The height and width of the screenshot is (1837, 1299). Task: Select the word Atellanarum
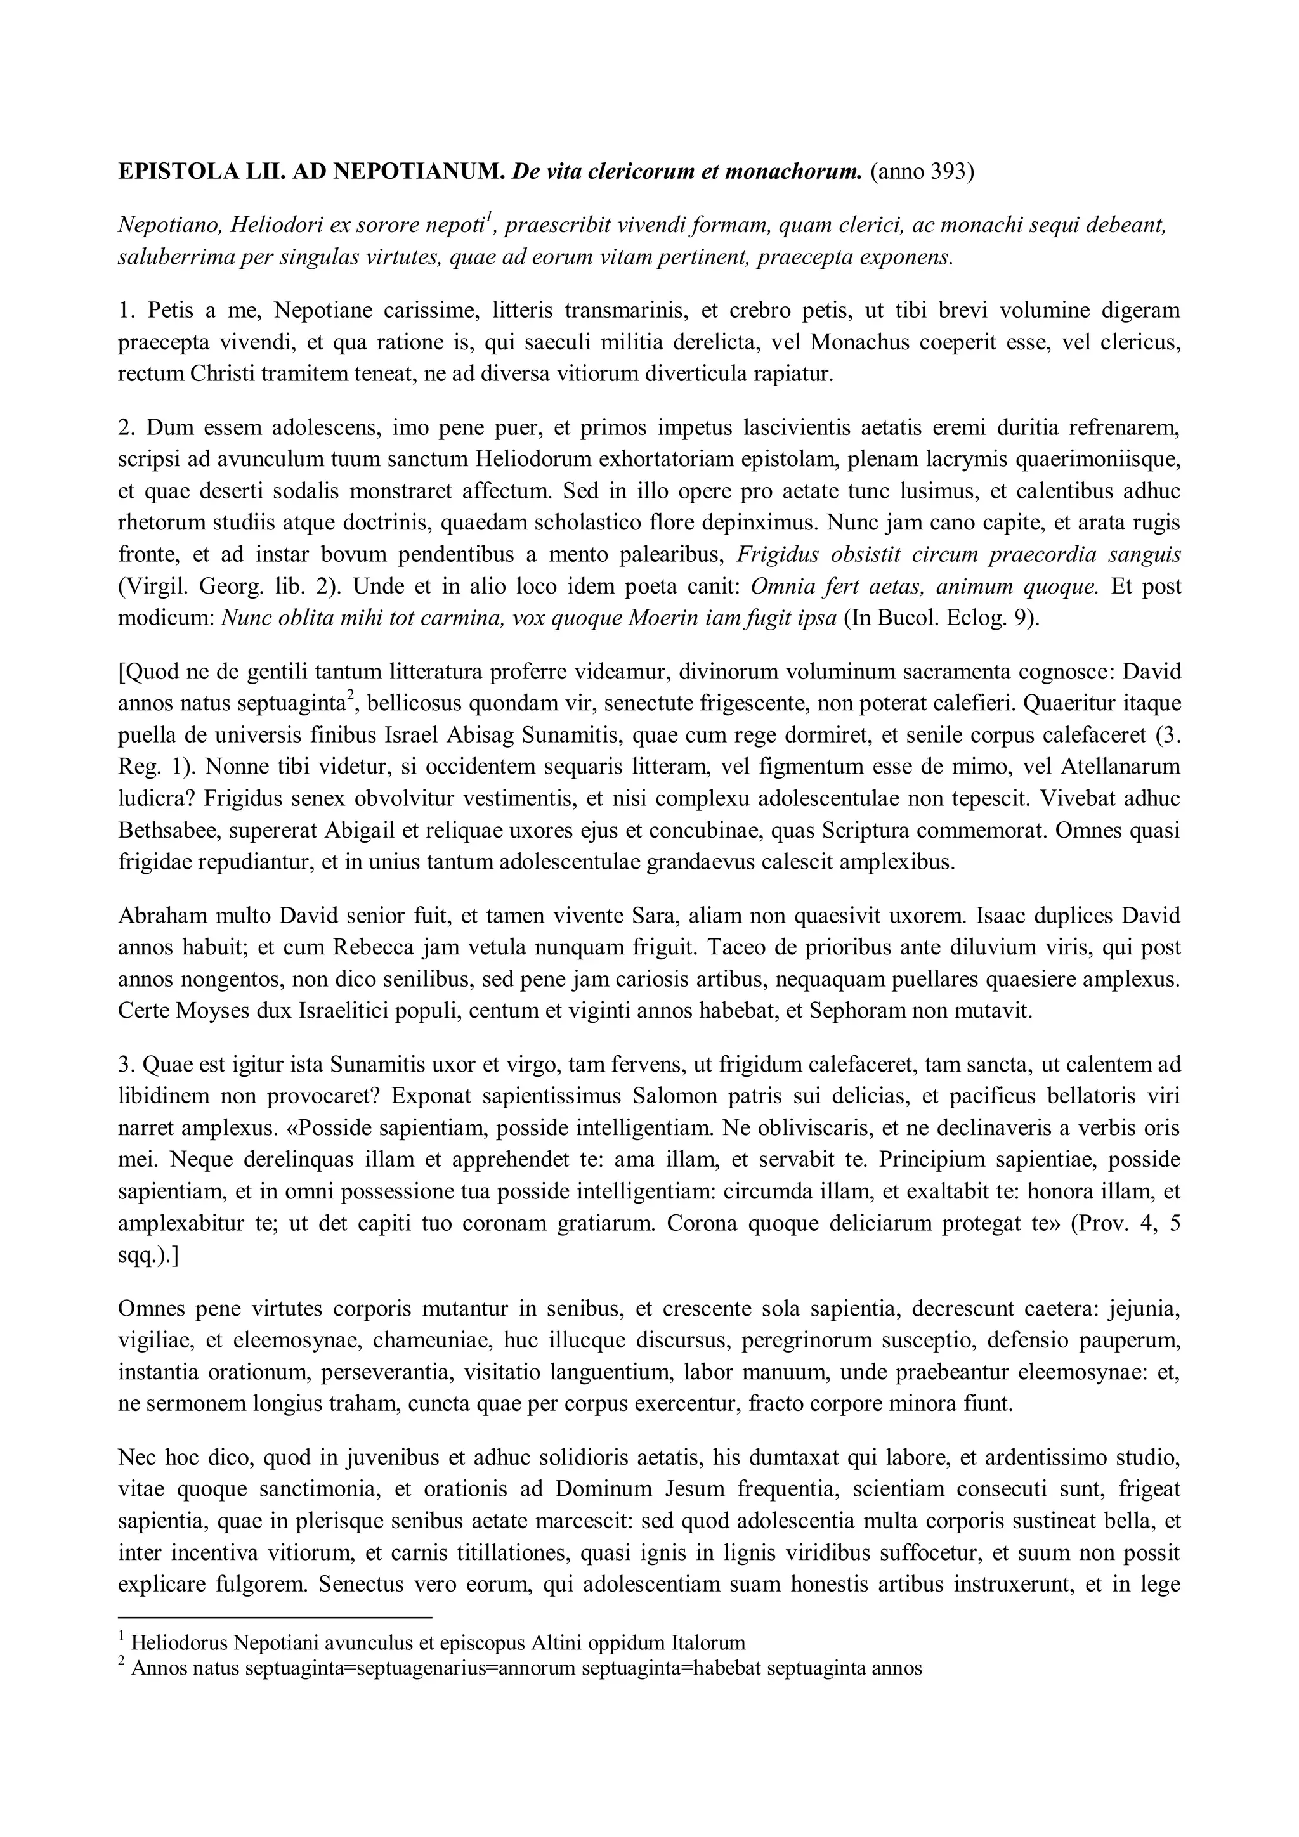pos(1121,767)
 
